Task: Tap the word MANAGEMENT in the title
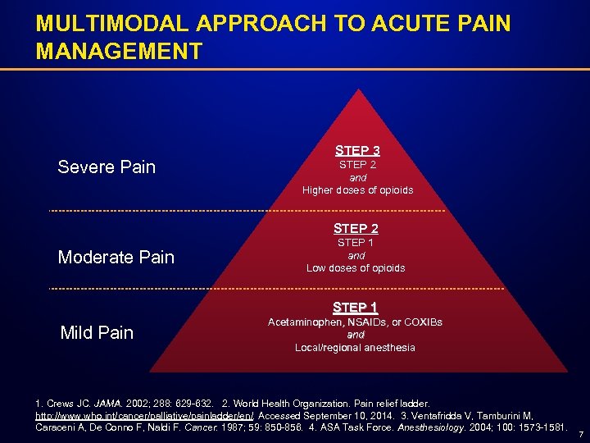(119, 52)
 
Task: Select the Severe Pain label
(107, 167)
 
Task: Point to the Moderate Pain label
(116, 258)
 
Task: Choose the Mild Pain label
(97, 332)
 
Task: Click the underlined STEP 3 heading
(356, 151)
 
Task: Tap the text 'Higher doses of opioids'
(357, 190)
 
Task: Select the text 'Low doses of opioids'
(356, 268)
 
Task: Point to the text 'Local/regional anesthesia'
(355, 348)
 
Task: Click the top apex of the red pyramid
(356, 90)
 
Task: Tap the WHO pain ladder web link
(145, 417)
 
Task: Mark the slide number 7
(580, 433)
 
